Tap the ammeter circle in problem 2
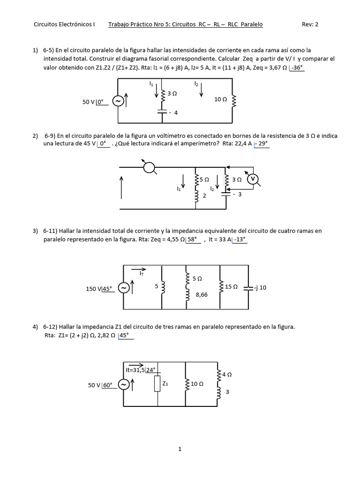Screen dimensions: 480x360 click(150, 167)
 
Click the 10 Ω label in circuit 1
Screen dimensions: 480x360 click(221, 99)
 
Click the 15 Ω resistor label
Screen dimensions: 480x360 click(232, 286)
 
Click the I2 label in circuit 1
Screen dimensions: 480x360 click(196, 84)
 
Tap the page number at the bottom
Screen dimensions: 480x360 click(180, 449)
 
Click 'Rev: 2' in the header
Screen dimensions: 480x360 click(310, 25)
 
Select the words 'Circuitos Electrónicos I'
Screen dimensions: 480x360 click(65, 25)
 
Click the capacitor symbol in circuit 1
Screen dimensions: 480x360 click(162, 112)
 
